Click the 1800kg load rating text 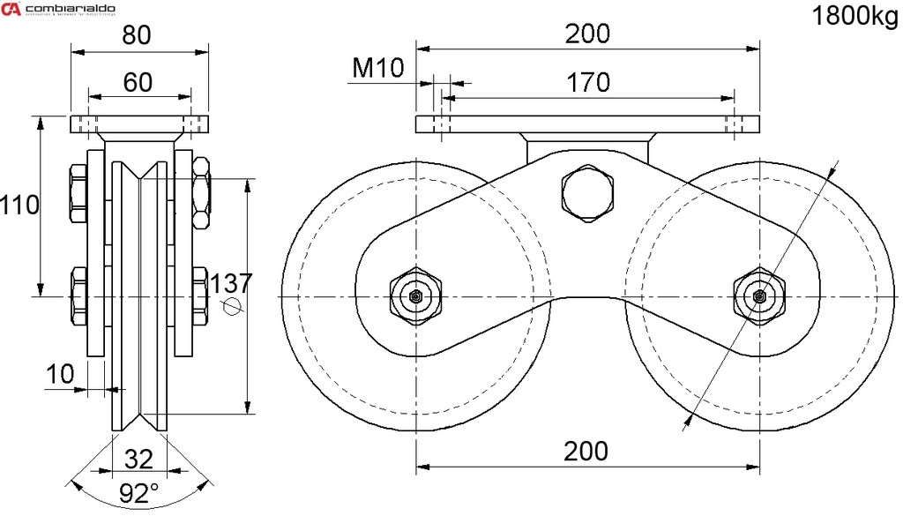point(854,18)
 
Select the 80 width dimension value point(138,35)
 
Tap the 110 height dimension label point(19,206)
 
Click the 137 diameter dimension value point(232,283)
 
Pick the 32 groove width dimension point(138,459)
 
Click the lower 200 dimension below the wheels point(586,451)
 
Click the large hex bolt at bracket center point(586,193)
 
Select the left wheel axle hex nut point(415,297)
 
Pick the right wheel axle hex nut point(758,297)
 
